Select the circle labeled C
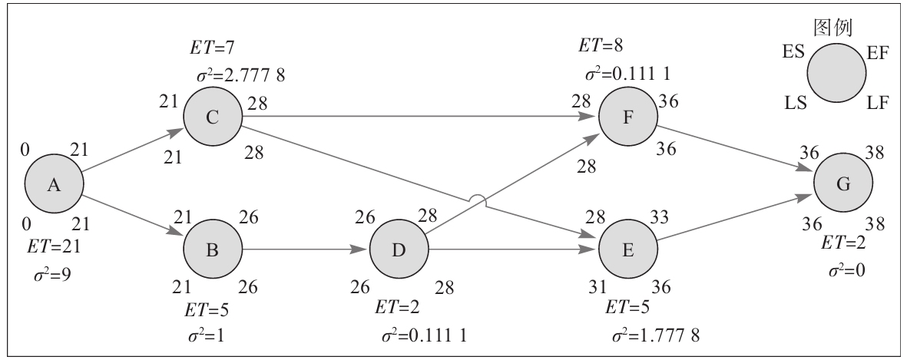[x=213, y=117]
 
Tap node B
[x=213, y=250]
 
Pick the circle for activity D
[x=399, y=250]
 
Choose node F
[x=627, y=117]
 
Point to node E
[x=627, y=250]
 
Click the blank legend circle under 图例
[x=836, y=74]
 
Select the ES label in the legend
[x=793, y=52]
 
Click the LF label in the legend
[x=878, y=102]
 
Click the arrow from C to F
[x=419, y=117]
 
